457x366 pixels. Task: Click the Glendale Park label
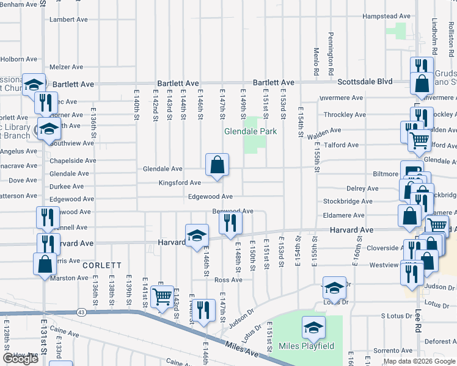click(x=250, y=131)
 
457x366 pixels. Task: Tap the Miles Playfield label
click(x=307, y=346)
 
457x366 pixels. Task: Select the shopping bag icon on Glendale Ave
click(x=218, y=165)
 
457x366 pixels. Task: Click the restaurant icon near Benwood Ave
click(x=230, y=223)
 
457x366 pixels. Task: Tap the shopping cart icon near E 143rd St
click(x=162, y=298)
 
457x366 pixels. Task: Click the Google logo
click(x=20, y=359)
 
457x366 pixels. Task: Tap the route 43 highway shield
click(x=81, y=312)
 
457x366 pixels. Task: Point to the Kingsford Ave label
click(x=180, y=182)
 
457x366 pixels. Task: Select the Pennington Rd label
click(x=331, y=54)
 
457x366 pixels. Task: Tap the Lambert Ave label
click(x=69, y=20)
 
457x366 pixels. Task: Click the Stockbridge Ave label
click(x=348, y=201)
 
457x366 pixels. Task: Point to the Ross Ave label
click(x=228, y=280)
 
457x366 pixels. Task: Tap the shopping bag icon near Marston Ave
click(x=45, y=264)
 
